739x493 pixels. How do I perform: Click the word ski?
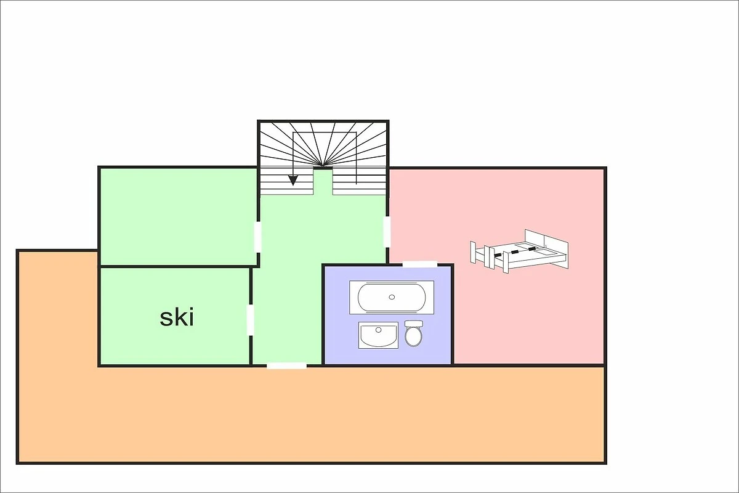click(x=177, y=317)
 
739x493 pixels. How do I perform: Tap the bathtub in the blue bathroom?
click(x=392, y=297)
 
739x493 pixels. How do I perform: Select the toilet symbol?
click(x=414, y=333)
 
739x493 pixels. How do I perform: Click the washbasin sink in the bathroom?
click(x=378, y=335)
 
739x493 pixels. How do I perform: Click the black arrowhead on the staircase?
click(x=293, y=180)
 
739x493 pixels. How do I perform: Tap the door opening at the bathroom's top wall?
click(x=419, y=264)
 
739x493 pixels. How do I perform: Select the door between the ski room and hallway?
click(x=251, y=320)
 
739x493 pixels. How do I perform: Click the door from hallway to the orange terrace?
click(x=286, y=365)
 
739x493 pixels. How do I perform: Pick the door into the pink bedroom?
click(x=387, y=232)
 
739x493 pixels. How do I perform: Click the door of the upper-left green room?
click(x=257, y=237)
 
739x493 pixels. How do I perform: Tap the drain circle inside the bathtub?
click(x=392, y=297)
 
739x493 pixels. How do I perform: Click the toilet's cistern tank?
click(x=414, y=323)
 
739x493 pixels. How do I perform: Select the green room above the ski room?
click(x=178, y=216)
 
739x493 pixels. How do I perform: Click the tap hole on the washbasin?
click(x=378, y=330)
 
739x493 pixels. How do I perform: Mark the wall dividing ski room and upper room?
click(x=179, y=266)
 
